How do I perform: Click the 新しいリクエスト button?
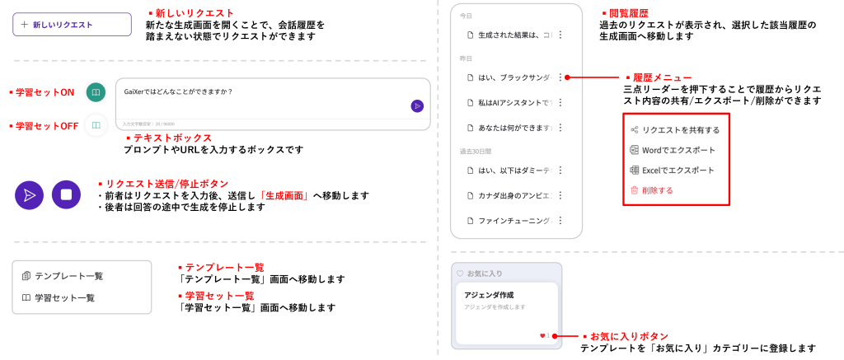[72, 25]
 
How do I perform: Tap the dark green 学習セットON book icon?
[96, 92]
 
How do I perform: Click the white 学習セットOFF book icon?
[96, 125]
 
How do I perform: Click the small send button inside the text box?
[417, 105]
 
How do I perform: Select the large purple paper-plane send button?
[29, 195]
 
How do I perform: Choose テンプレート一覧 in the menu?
[68, 276]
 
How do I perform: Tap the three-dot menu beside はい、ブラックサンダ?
[560, 77]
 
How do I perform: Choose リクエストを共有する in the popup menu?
[680, 130]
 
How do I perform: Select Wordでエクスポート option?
[678, 150]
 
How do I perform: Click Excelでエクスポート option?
[678, 170]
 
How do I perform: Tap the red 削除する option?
[657, 190]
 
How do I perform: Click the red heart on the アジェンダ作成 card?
[542, 336]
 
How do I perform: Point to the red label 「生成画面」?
[284, 195]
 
